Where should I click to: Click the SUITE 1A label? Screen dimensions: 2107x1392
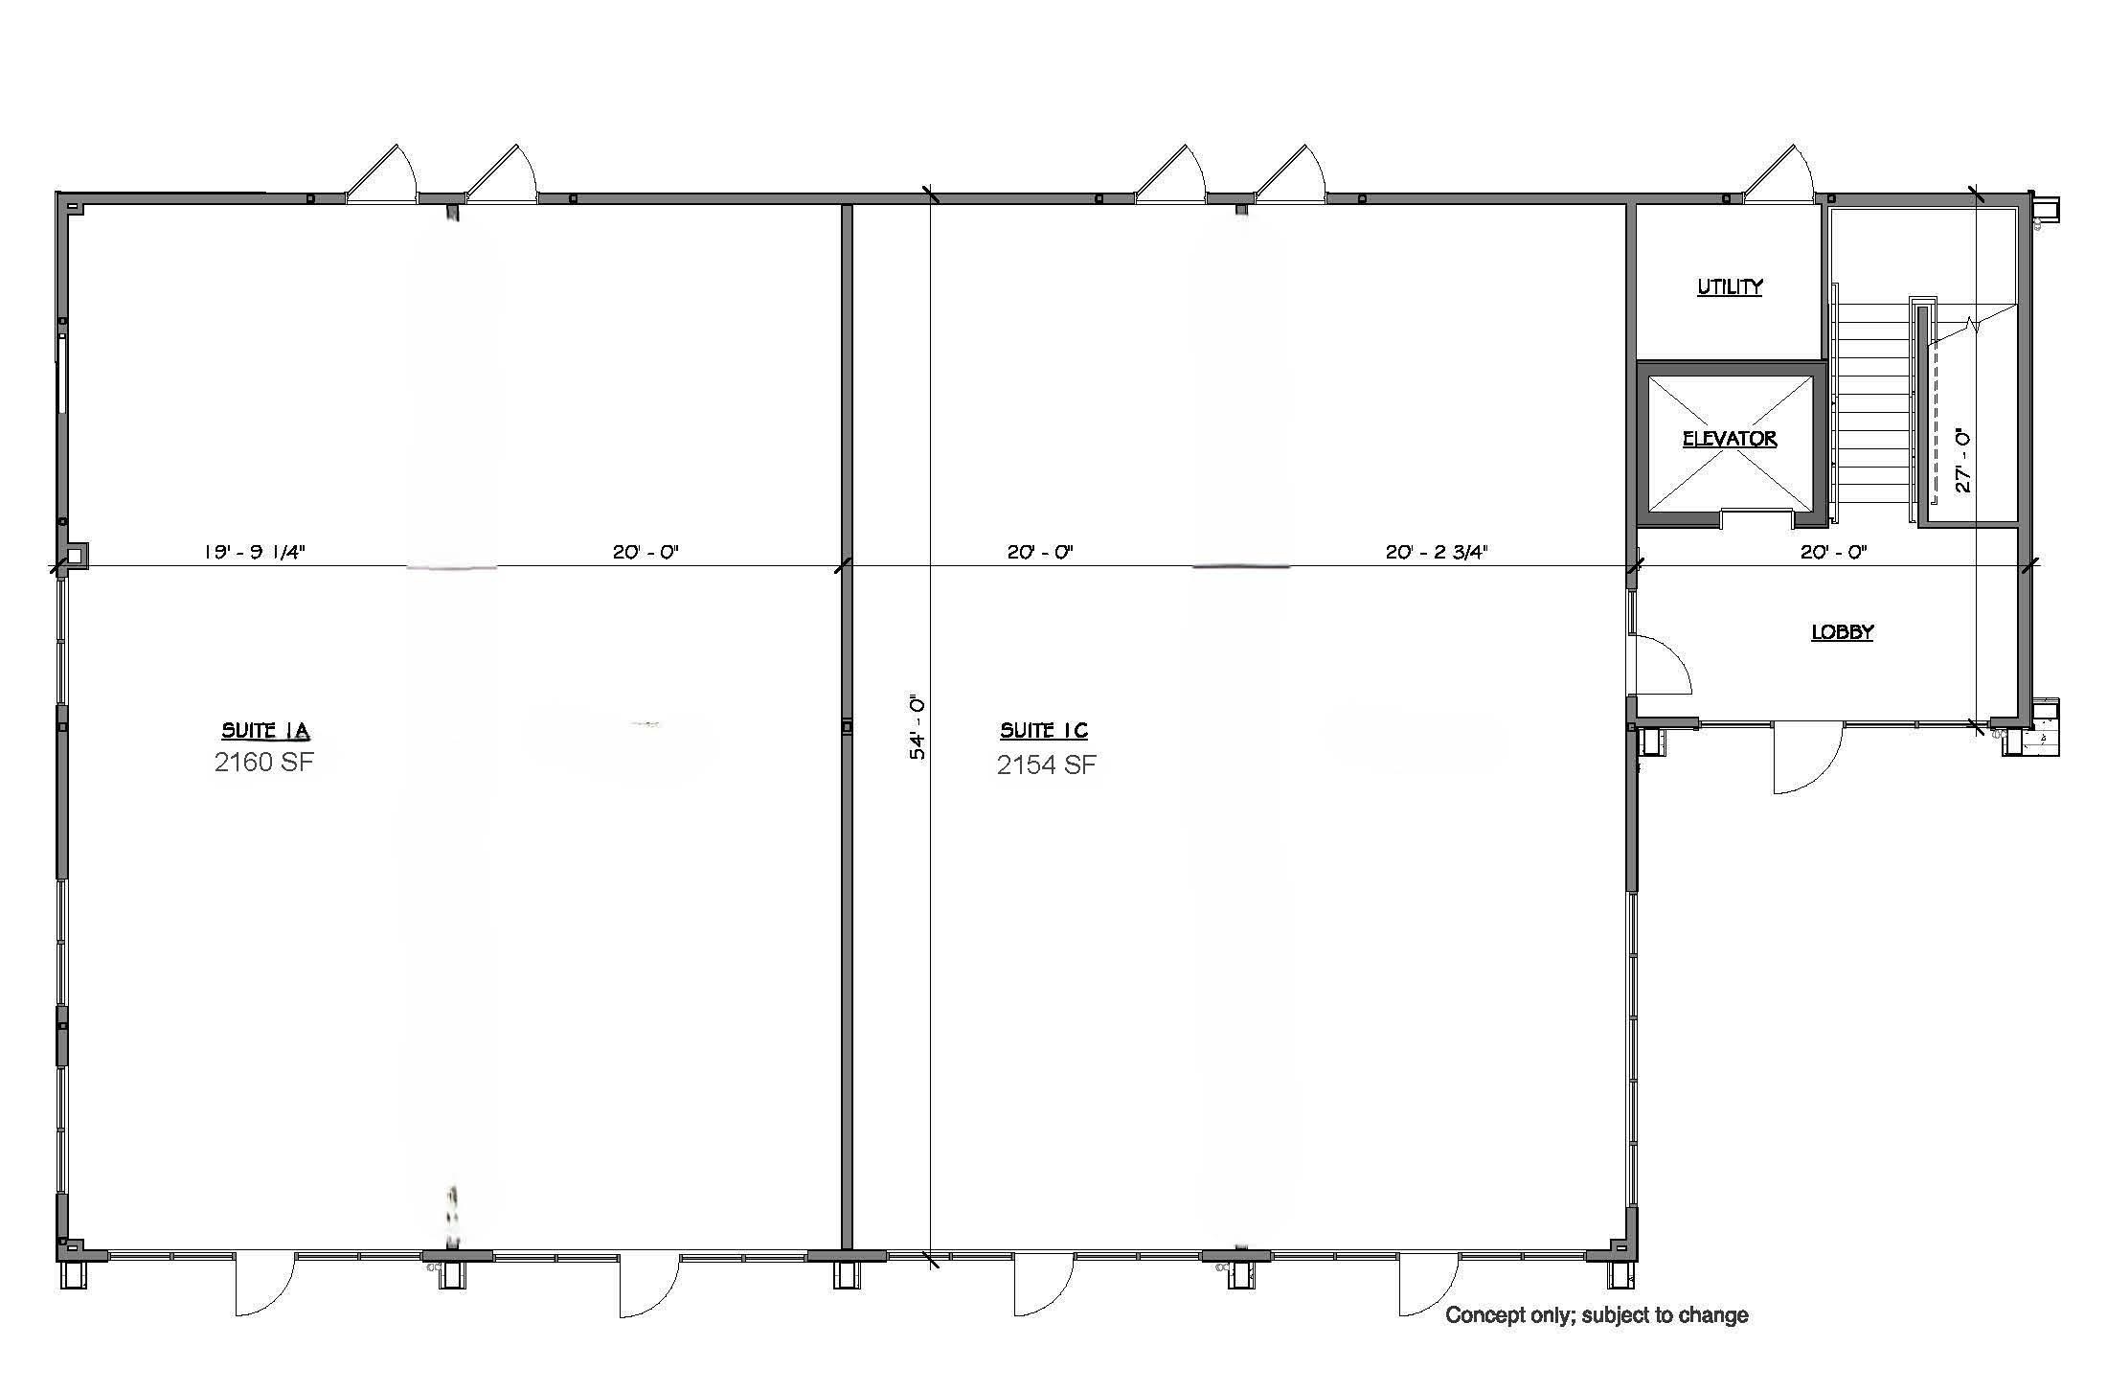pos(265,731)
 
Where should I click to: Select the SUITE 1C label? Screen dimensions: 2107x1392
pos(1044,731)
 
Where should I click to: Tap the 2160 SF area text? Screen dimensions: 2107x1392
pos(264,763)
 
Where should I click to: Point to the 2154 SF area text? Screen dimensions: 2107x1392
pos(1046,764)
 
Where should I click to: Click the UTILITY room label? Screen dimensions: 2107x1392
pos(1730,286)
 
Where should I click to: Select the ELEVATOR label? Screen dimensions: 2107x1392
pos(1730,439)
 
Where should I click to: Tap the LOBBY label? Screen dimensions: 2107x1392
pos(1842,632)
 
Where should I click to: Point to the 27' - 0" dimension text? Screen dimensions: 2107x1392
pos(1962,461)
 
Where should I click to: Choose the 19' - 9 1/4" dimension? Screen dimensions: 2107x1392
pos(254,552)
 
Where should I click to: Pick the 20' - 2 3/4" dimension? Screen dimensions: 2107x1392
pos(1437,552)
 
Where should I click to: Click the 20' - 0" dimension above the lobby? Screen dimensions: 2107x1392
pos(1834,552)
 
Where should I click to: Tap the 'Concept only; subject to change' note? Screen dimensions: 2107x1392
pos(1597,1315)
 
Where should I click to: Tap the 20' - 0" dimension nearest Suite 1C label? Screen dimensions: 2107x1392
pos(1040,552)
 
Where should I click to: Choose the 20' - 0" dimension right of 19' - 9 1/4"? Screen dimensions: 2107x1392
pos(646,552)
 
